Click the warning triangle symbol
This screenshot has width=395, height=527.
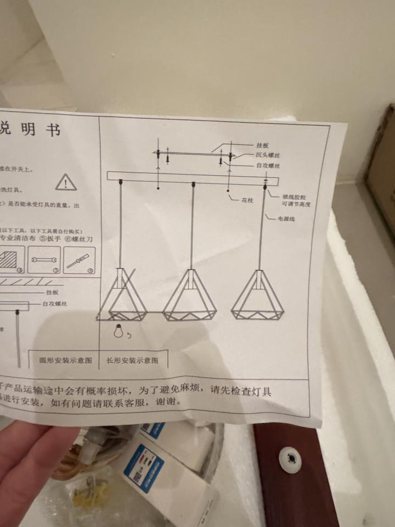[66, 182]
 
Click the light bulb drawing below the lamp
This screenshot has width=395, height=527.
[117, 330]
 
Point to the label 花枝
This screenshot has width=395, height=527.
[247, 200]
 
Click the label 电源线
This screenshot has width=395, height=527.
[287, 219]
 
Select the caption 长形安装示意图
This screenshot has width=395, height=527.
[132, 361]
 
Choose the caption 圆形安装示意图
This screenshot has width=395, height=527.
[65, 361]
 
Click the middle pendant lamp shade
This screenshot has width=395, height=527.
[190, 297]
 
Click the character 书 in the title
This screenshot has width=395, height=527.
[53, 130]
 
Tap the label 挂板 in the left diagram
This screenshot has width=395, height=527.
[53, 293]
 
